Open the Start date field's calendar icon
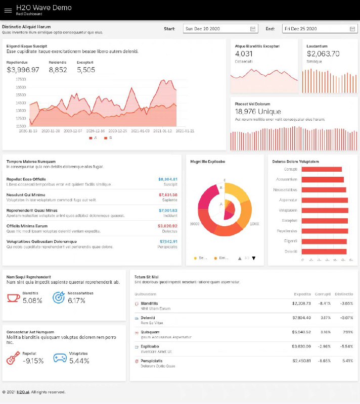tap(253, 29)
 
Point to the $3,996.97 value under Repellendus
tap(23, 70)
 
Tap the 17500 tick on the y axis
tap(21, 79)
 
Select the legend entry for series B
tap(108, 137)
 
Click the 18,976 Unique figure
tap(258, 112)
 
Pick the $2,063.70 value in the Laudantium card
tap(323, 54)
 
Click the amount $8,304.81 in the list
tap(168, 179)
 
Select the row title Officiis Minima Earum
tap(27, 226)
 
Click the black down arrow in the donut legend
tap(254, 258)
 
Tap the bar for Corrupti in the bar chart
tap(322, 169)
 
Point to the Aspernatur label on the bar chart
tap(288, 200)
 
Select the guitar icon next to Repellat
tap(13, 359)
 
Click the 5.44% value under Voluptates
tap(79, 361)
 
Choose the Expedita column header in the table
tap(302, 293)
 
